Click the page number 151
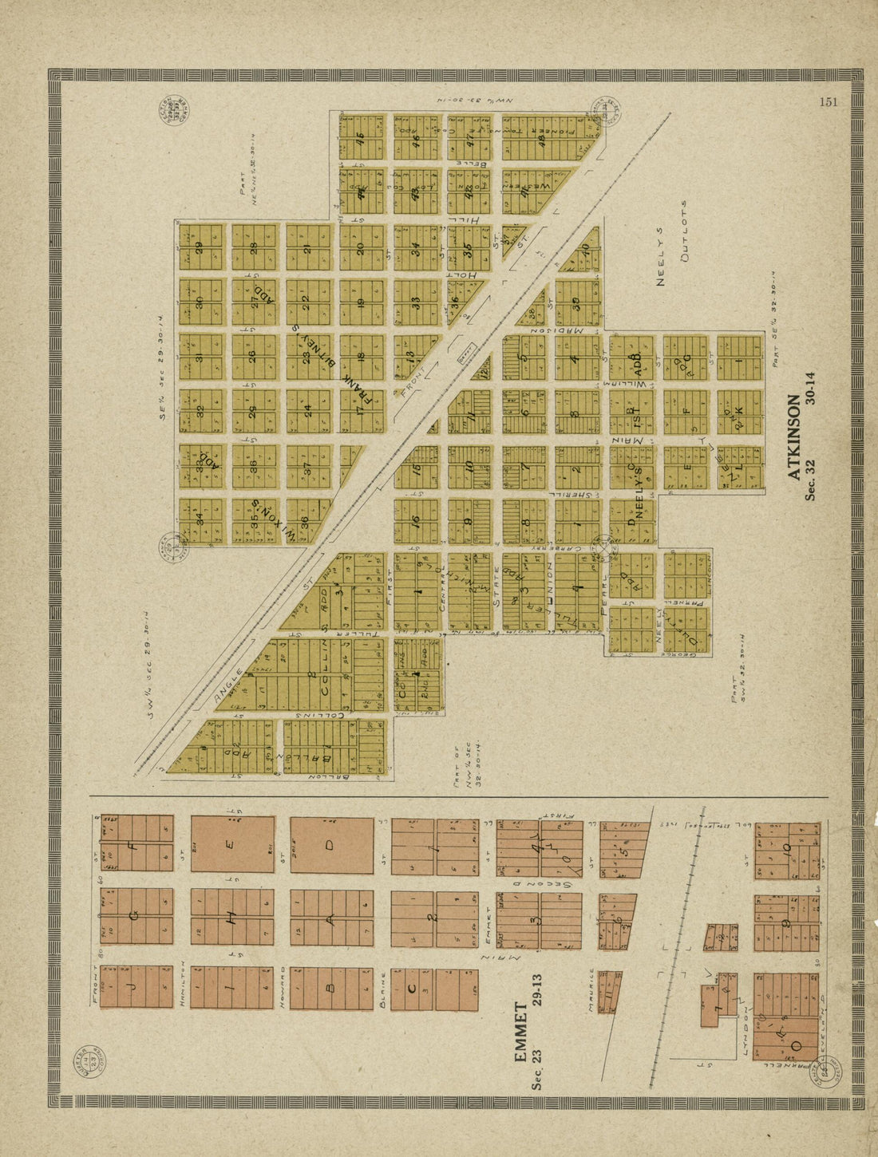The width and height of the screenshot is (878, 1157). [x=828, y=101]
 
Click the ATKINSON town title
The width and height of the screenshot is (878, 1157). [x=793, y=437]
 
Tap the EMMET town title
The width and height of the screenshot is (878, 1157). [x=520, y=1033]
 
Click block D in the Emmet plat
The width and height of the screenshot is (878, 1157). [x=331, y=845]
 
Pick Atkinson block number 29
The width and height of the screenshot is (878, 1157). [x=200, y=247]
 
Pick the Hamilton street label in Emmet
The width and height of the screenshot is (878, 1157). [x=183, y=985]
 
